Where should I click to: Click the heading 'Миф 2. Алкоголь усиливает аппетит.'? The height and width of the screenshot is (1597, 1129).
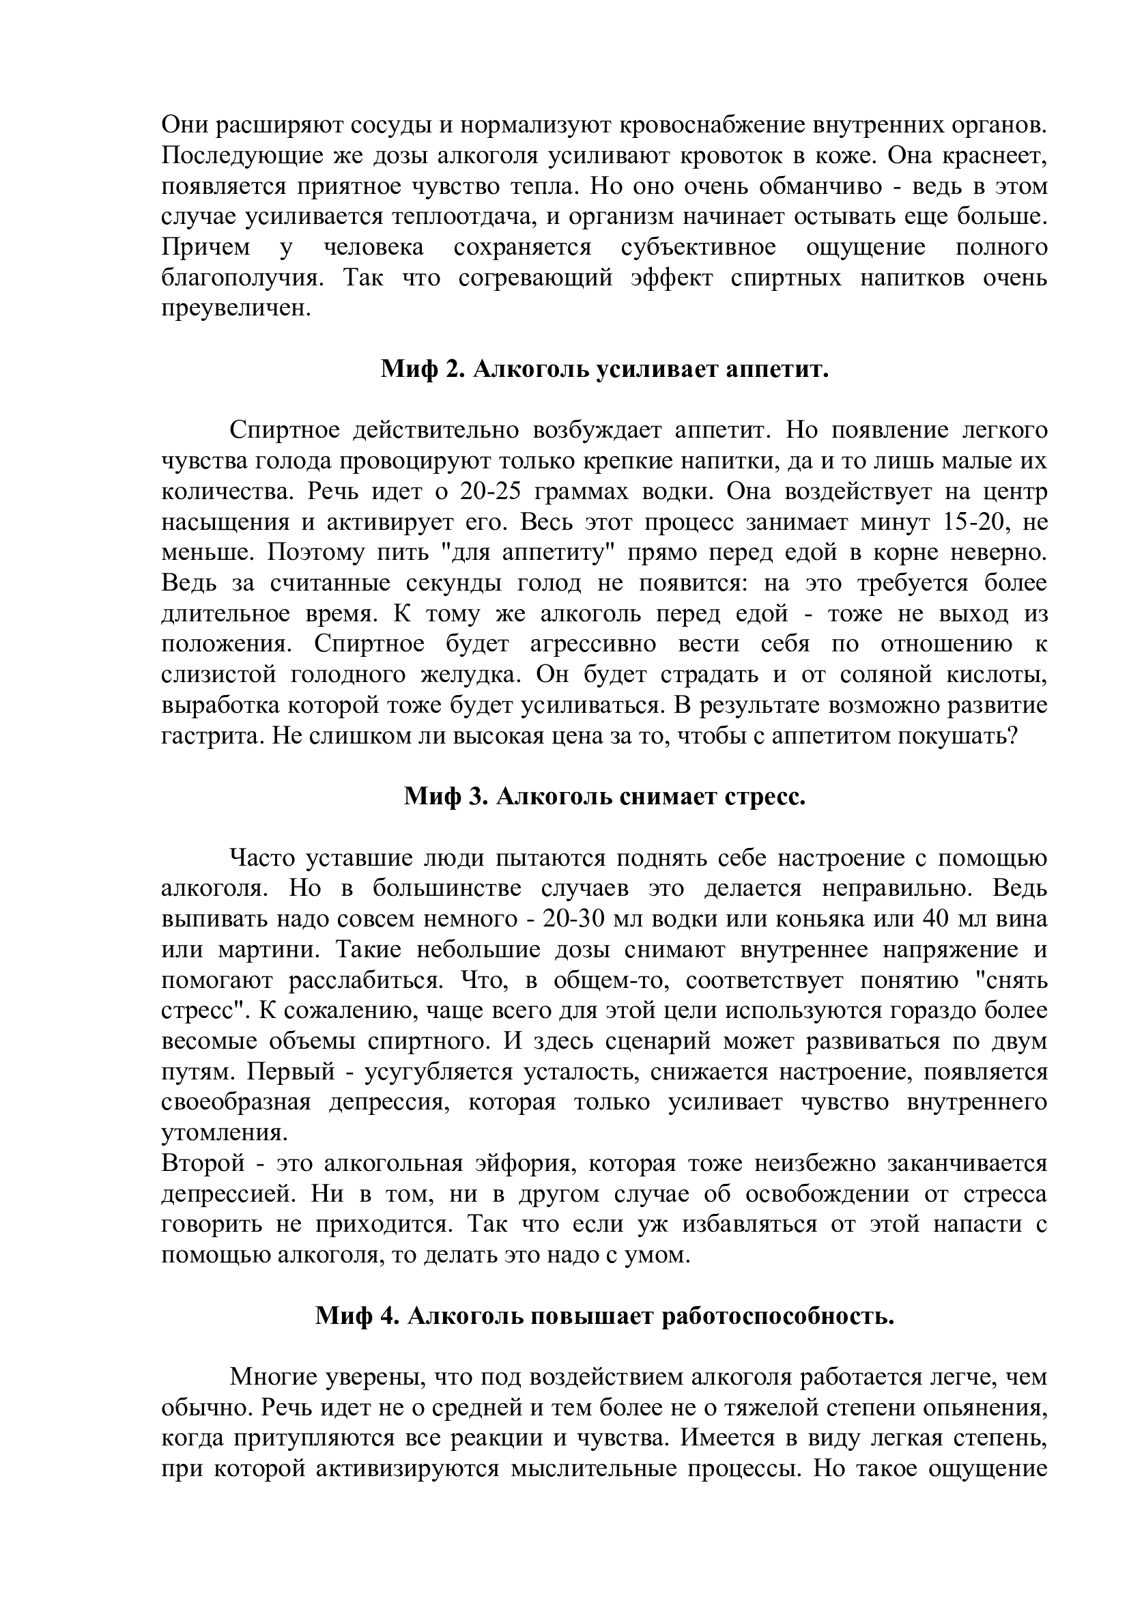[x=604, y=369]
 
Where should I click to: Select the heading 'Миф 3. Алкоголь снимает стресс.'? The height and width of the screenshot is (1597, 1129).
[x=604, y=796]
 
